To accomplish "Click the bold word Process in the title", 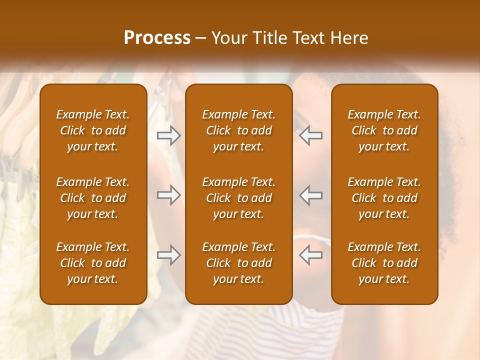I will (x=157, y=38).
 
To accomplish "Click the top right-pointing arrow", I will (x=168, y=135).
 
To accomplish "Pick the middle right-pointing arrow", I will (x=168, y=195).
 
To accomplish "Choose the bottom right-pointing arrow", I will (x=168, y=255).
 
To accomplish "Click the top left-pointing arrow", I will (x=310, y=135).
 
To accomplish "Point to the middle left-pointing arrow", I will (x=310, y=195).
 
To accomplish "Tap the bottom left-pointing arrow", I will (x=310, y=255).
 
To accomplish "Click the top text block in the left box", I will (x=93, y=130).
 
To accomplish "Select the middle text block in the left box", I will (x=93, y=198).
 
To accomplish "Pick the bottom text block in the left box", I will (x=93, y=263).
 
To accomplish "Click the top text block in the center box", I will (x=239, y=130).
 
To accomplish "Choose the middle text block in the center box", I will (x=239, y=198).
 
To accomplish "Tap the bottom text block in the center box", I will (x=239, y=263).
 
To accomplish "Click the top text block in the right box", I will (x=384, y=130).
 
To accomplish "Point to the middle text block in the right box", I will (x=384, y=198).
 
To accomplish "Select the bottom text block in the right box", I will (x=384, y=263).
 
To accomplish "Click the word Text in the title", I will (x=308, y=38).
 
